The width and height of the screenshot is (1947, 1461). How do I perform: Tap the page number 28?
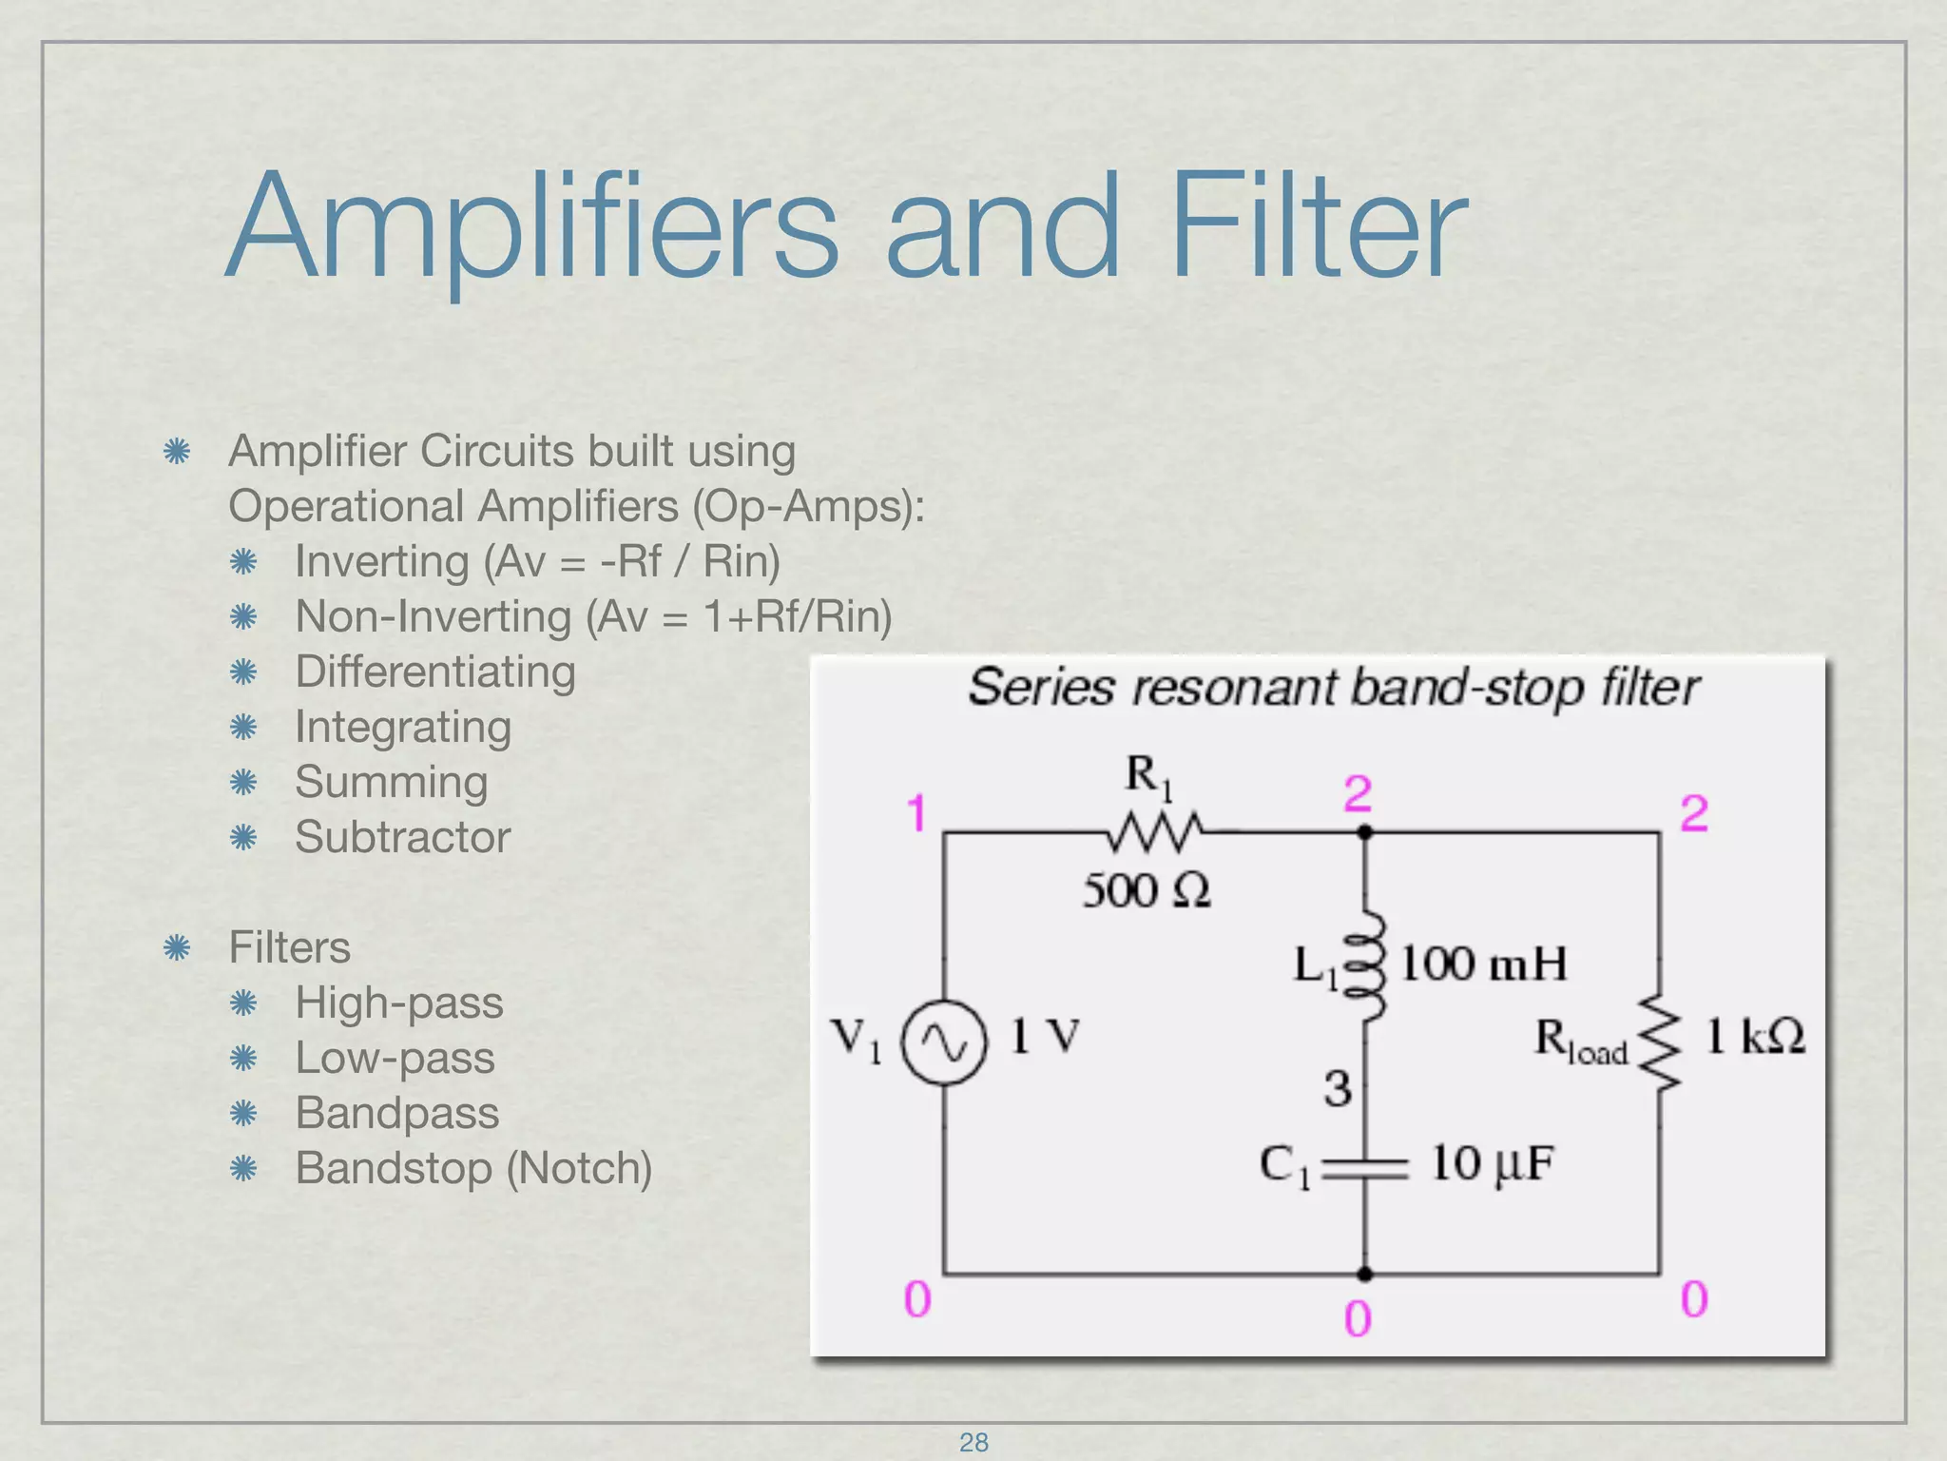973,1442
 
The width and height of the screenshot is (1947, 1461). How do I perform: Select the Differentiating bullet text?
435,672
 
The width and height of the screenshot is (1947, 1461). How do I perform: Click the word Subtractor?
402,837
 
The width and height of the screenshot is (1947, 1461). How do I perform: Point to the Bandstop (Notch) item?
473,1168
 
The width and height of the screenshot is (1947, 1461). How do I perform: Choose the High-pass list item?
399,1003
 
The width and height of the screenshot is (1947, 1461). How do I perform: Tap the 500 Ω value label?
1147,891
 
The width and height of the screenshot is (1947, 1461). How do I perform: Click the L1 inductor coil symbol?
1366,965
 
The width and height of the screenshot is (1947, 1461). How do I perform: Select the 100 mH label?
1483,964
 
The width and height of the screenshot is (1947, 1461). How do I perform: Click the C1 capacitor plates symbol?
1365,1169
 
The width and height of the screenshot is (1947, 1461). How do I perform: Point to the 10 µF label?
1493,1163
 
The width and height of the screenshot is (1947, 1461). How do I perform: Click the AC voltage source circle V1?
944,1043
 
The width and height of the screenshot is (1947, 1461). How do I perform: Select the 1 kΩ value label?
1755,1036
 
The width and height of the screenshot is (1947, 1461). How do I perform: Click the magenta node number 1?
916,814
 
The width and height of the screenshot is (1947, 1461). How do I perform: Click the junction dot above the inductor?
1365,832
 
